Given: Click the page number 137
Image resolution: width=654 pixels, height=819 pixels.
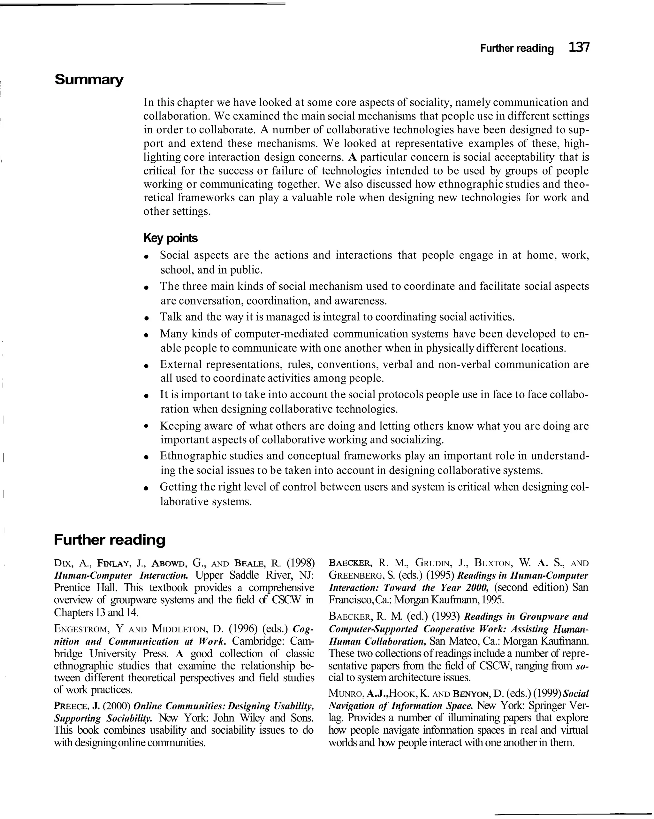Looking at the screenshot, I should click(579, 48).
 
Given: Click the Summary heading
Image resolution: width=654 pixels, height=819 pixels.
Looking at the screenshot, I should click(89, 80).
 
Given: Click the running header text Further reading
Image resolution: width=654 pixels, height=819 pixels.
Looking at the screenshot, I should click(517, 49).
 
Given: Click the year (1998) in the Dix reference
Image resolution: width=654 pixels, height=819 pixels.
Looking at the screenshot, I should click(300, 563).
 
